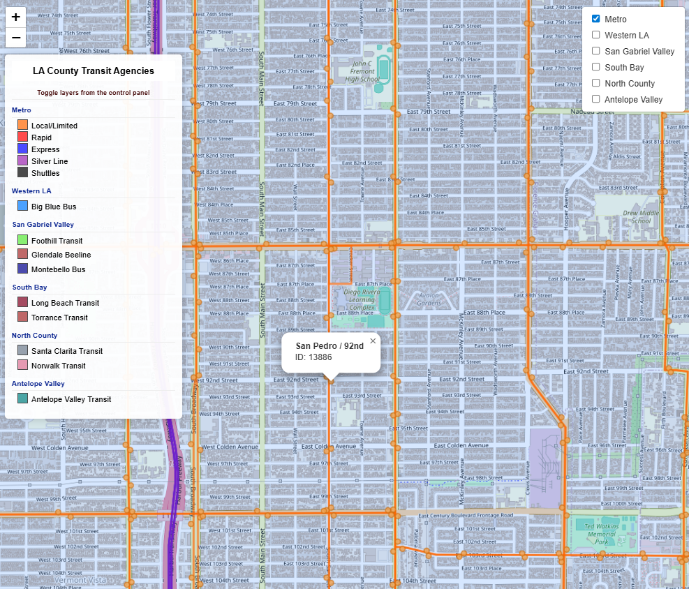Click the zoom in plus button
point(15,17)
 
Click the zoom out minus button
point(15,37)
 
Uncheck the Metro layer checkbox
point(596,19)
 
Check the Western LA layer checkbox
point(596,35)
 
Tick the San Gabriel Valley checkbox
point(596,51)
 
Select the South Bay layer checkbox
point(596,67)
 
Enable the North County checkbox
point(596,83)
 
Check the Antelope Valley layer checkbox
point(596,99)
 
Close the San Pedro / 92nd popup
point(373,341)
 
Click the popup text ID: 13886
point(313,357)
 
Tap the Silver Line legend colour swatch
point(22,161)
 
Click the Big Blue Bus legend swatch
point(22,207)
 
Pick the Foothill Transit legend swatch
point(22,241)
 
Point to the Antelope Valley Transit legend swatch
point(22,399)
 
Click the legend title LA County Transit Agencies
point(94,70)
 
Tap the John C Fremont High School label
point(362,71)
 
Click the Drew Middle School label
point(641,216)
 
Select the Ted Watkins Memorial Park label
point(600,534)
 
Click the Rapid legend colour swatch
point(22,137)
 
